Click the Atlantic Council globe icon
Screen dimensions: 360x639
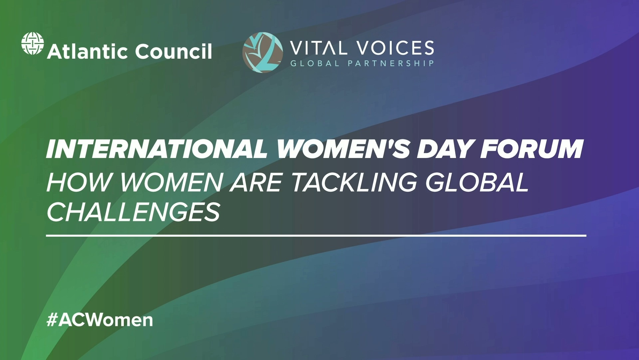pyautogui.click(x=33, y=43)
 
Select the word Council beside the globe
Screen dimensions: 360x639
pyautogui.click(x=173, y=52)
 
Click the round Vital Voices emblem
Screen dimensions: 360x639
pyautogui.click(x=263, y=52)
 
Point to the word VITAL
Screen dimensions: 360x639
pyautogui.click(x=319, y=48)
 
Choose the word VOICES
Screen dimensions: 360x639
pyautogui.click(x=395, y=48)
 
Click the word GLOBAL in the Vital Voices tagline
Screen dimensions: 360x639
pyautogui.click(x=315, y=63)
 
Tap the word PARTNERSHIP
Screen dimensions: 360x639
pyautogui.click(x=391, y=63)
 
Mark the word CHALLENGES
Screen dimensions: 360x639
pyautogui.click(x=133, y=212)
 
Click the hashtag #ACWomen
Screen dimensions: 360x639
pyautogui.click(x=100, y=320)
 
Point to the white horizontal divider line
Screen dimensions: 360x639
pyautogui.click(x=316, y=236)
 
